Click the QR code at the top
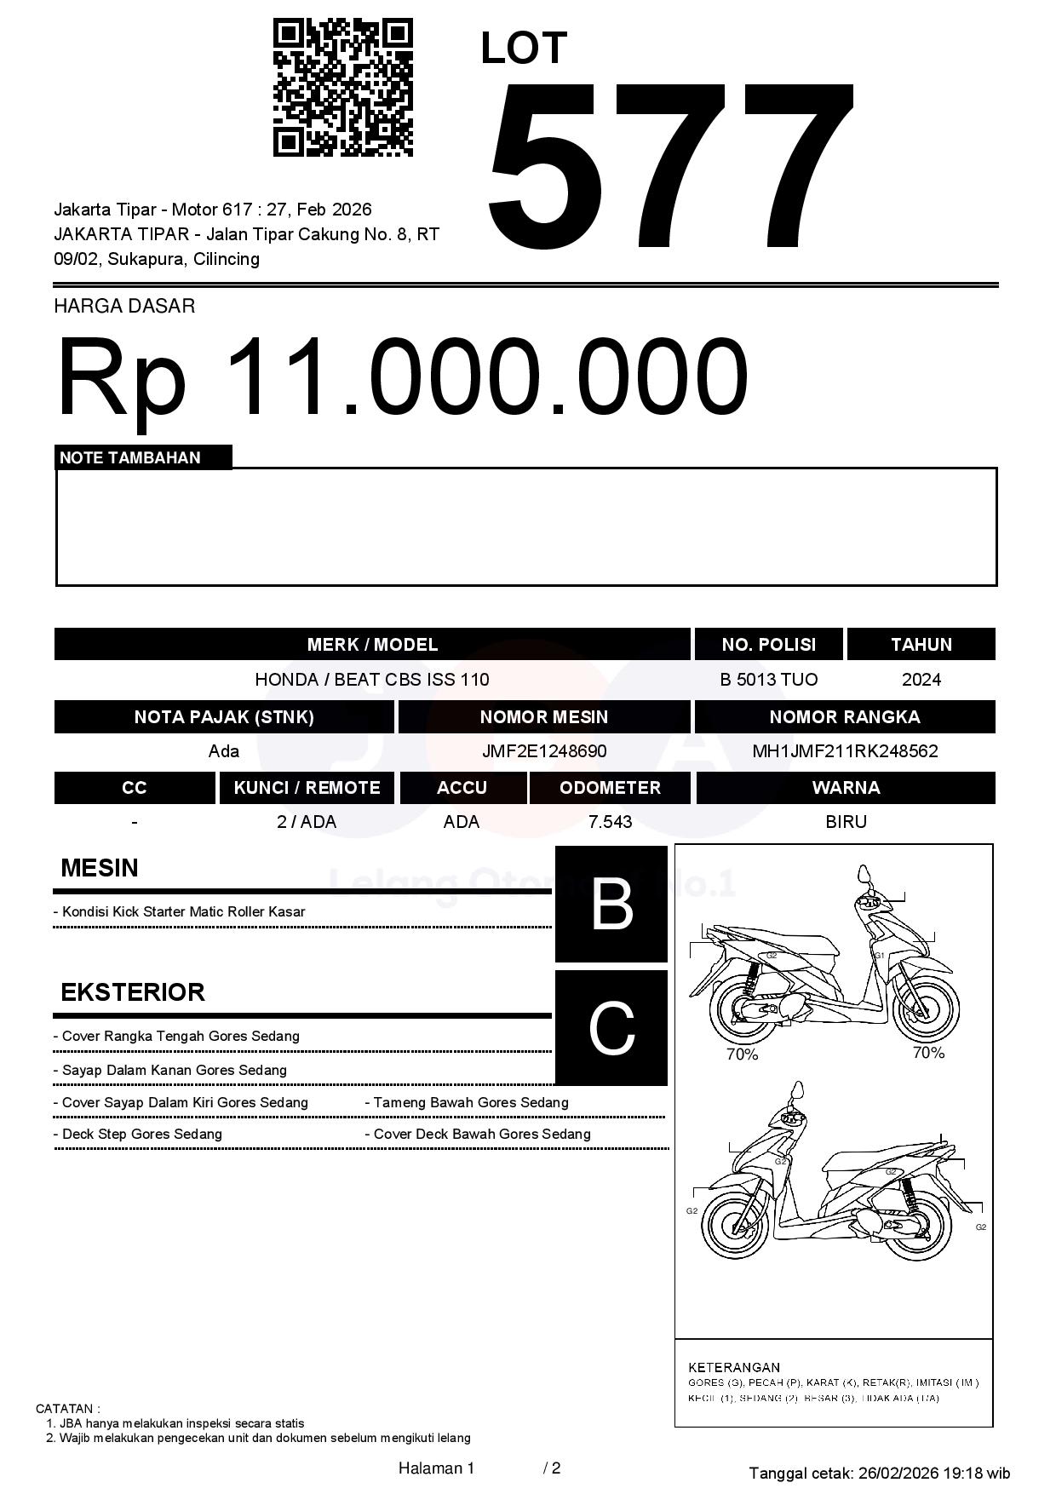(x=342, y=88)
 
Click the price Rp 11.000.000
(x=402, y=376)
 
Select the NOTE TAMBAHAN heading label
(x=130, y=457)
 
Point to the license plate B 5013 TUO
(x=768, y=680)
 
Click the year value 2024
(x=921, y=680)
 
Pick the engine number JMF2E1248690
(x=544, y=751)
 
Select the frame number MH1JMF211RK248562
(x=845, y=751)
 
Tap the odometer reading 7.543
(x=610, y=822)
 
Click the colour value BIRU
(x=846, y=822)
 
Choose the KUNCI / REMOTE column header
(x=307, y=788)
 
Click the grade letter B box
(x=611, y=904)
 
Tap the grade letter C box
(x=611, y=1028)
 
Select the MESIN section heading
(x=100, y=868)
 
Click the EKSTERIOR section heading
(x=133, y=992)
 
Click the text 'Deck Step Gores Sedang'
(x=141, y=1134)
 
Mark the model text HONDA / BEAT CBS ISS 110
(x=372, y=680)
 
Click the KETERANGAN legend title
(x=734, y=1367)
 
